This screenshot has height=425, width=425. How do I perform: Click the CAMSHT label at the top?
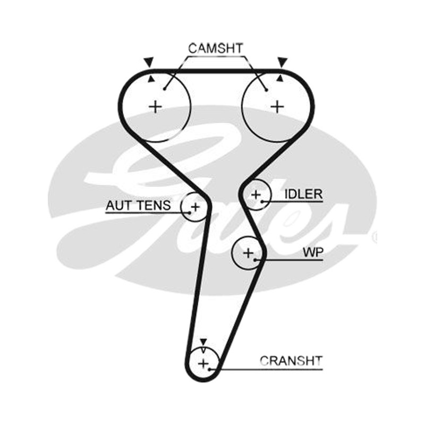pos(216,48)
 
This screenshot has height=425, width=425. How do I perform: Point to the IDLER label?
pos(303,194)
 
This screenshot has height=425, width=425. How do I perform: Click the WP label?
pos(313,253)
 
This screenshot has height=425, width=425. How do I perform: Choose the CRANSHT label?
pos(291,361)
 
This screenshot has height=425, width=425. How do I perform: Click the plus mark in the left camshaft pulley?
pos(156,107)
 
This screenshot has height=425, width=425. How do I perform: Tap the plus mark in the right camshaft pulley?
pos(277,107)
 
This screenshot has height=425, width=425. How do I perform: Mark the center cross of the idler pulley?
pos(256,194)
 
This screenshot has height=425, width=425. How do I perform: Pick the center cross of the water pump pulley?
pos(248,253)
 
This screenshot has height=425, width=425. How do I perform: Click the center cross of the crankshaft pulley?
pos(203,363)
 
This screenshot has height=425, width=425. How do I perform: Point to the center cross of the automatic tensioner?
pos(195,207)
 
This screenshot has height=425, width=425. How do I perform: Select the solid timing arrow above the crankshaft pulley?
pos(203,342)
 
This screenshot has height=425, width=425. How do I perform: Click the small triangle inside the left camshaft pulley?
pos(151,79)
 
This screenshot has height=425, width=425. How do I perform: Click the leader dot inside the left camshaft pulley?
pos(165,89)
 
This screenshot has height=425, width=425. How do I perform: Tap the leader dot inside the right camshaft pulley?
pos(267,90)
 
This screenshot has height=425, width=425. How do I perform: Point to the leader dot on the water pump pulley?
pos(255,260)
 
